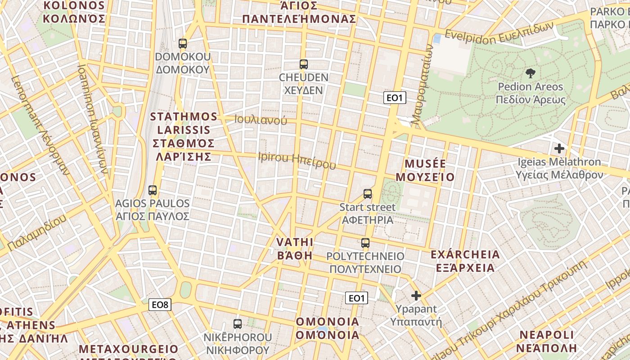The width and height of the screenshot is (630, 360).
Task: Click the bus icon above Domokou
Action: click(182, 44)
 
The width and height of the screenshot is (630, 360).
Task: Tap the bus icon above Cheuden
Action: click(304, 64)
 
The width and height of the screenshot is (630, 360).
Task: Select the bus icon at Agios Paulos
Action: click(153, 190)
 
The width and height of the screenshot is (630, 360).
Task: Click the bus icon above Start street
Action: click(368, 194)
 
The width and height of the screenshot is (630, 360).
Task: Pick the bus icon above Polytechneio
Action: click(365, 243)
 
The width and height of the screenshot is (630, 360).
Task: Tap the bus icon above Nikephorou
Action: click(237, 324)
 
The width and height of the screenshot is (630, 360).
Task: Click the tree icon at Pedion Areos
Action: click(531, 73)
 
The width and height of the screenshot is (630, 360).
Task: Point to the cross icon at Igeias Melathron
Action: click(559, 148)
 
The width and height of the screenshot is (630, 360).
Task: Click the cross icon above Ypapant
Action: click(416, 296)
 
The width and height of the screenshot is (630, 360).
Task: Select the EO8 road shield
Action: click(160, 305)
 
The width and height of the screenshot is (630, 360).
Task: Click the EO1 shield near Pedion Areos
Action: click(395, 98)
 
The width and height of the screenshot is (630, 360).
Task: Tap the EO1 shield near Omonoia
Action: click(356, 298)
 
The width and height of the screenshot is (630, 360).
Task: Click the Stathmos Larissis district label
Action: click(183, 136)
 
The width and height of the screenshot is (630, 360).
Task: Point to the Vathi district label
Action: click(294, 249)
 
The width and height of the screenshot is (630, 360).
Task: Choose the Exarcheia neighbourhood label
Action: click(465, 261)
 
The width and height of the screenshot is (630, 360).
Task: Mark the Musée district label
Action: click(425, 170)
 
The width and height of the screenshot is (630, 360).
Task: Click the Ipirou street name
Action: click(297, 160)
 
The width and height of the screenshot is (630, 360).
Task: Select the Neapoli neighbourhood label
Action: click(547, 341)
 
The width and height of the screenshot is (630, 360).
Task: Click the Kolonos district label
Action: click(74, 12)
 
